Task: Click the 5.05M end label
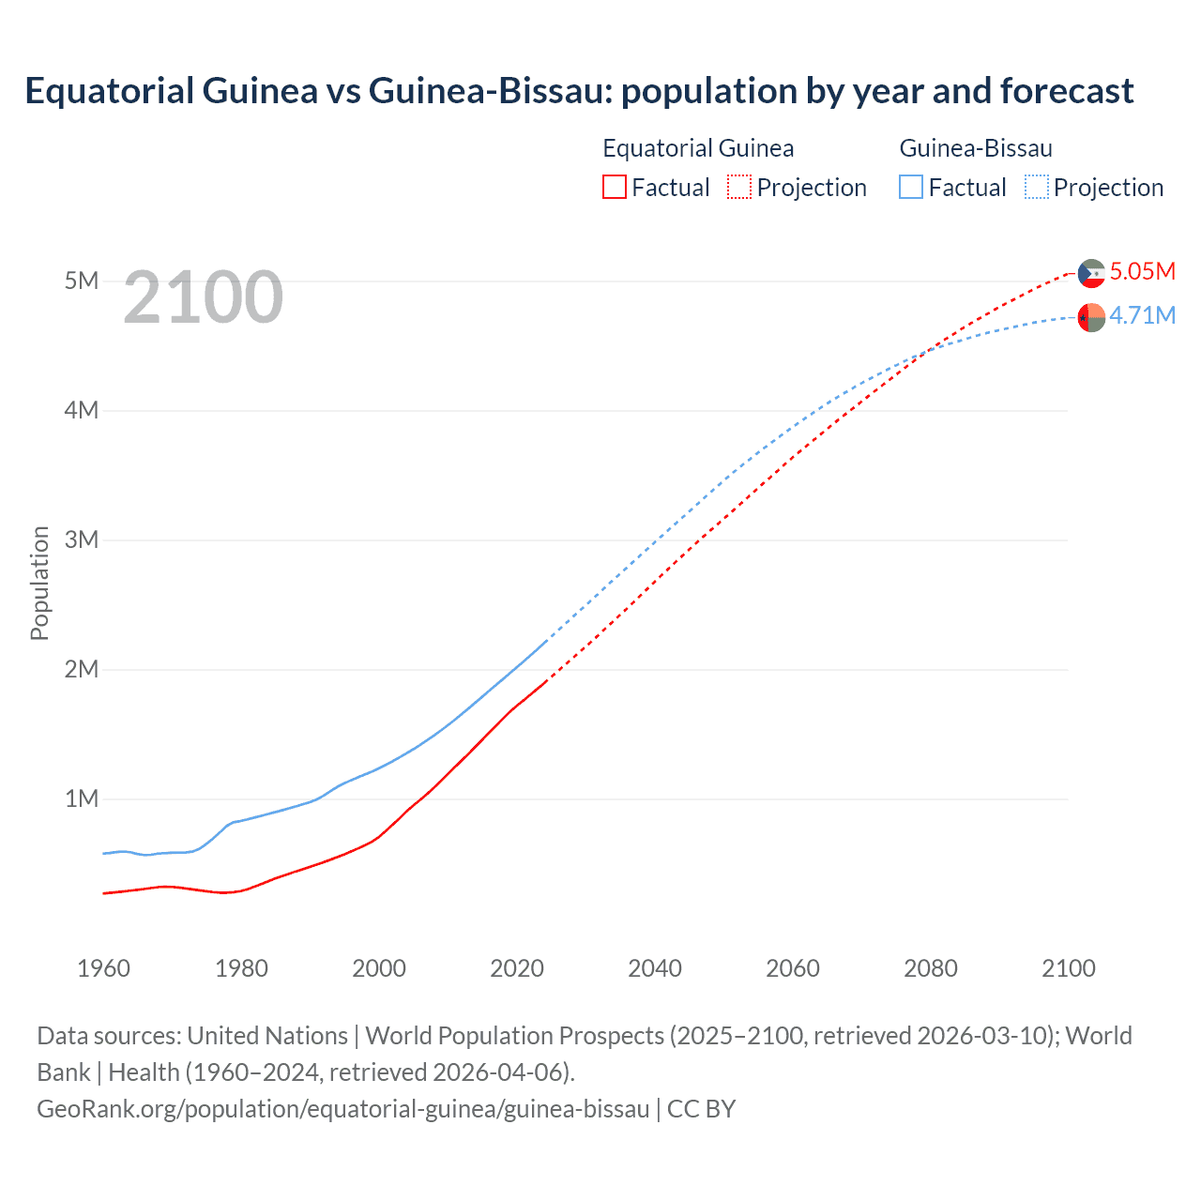point(1142,272)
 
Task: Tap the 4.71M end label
point(1142,316)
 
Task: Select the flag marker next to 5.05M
point(1091,273)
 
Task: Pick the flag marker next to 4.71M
point(1091,318)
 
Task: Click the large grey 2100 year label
point(203,297)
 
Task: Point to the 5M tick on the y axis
point(82,281)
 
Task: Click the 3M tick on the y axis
point(82,540)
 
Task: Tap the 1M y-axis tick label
point(82,799)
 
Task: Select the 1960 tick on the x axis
point(103,969)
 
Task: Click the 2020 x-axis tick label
point(517,969)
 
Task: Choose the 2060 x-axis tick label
point(793,969)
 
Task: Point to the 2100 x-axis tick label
point(1069,969)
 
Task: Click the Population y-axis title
point(39,584)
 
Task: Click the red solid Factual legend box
point(615,188)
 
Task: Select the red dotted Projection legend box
point(739,188)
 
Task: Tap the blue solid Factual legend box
point(911,188)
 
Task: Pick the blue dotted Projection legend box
point(1037,188)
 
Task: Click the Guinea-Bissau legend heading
point(976,148)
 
